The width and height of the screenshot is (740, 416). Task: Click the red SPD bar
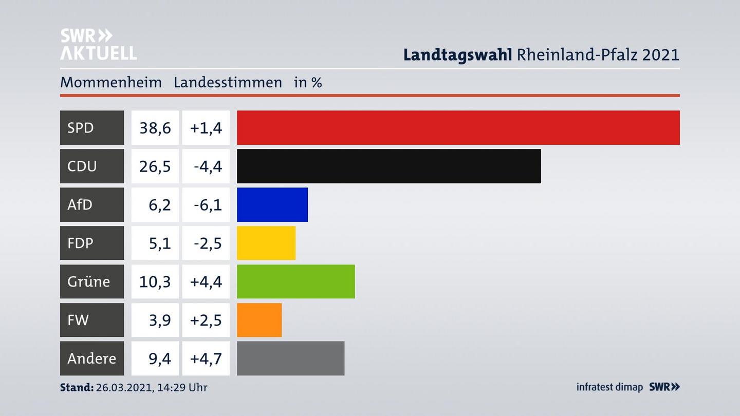click(x=458, y=127)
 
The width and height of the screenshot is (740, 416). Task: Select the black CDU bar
click(x=388, y=166)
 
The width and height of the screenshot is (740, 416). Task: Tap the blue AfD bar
click(x=272, y=204)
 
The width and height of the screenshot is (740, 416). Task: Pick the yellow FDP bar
click(x=266, y=243)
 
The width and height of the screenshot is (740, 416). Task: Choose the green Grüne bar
click(x=295, y=281)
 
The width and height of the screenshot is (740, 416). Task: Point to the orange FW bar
click(x=259, y=320)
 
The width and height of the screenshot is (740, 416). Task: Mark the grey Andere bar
click(x=290, y=358)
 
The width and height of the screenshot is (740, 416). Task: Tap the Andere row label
click(x=91, y=358)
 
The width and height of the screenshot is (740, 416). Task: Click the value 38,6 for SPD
click(x=155, y=127)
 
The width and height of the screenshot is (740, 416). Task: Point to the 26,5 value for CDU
click(x=155, y=166)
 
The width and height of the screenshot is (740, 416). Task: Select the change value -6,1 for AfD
click(x=207, y=204)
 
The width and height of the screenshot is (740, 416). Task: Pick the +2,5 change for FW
click(x=206, y=320)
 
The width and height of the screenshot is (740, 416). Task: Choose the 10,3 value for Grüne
click(x=155, y=281)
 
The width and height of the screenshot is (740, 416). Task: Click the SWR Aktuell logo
click(x=98, y=44)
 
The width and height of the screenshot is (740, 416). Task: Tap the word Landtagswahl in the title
click(x=457, y=54)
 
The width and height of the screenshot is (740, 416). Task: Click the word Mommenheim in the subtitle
click(x=110, y=82)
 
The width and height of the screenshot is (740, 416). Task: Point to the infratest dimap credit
click(x=609, y=387)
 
